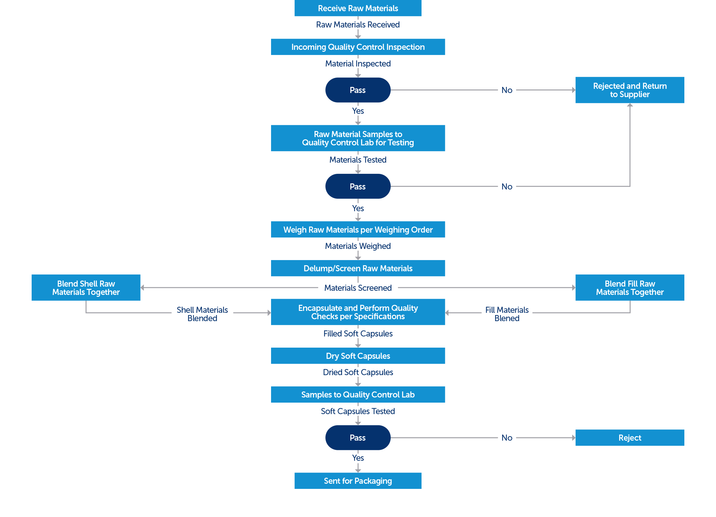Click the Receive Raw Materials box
(358, 8)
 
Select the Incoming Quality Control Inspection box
(358, 47)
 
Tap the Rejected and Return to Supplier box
(630, 90)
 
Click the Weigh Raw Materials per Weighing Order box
(358, 229)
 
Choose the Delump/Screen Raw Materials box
(358, 268)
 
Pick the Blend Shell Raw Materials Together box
(86, 288)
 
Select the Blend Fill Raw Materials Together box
(630, 288)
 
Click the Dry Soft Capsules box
(358, 356)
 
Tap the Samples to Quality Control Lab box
(358, 395)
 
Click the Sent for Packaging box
(358, 481)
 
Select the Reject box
(630, 438)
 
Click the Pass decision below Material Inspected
(358, 90)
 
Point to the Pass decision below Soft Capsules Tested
(358, 438)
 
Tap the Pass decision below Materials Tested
(358, 186)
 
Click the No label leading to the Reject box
(507, 438)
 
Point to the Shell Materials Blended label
(202, 314)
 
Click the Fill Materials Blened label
(507, 314)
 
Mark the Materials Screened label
(358, 288)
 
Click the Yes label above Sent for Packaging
(358, 458)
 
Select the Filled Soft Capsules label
(358, 334)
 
